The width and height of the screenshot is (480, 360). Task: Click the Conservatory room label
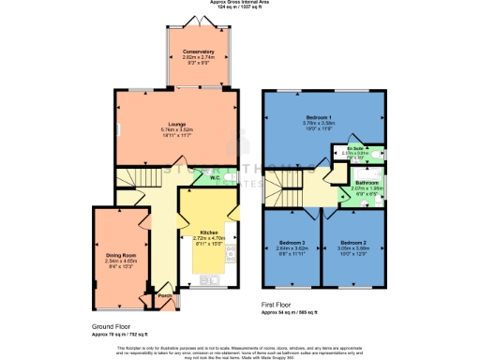(198, 51)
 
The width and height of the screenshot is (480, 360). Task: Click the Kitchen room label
(209, 231)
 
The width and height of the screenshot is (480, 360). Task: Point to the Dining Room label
(121, 255)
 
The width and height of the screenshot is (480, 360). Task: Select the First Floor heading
(281, 306)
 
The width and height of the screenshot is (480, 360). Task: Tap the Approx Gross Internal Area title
(240, 4)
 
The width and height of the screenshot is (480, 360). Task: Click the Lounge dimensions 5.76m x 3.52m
(174, 128)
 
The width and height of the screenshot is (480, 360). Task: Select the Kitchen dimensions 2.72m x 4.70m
(209, 237)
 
